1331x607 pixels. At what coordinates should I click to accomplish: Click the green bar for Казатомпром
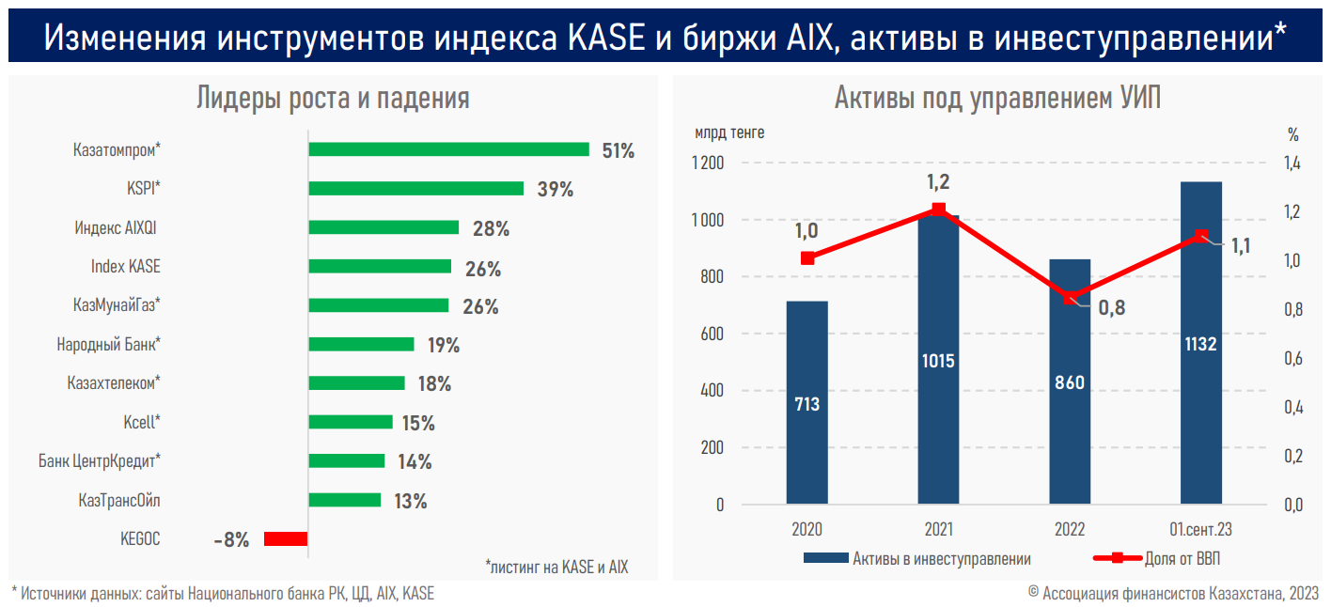tap(448, 149)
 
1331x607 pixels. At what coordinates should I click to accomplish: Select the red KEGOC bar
tap(286, 538)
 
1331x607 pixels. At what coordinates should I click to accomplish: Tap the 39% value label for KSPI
tap(555, 189)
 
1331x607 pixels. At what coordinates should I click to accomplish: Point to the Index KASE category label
tap(125, 266)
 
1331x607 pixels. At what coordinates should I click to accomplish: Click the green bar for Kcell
tap(350, 422)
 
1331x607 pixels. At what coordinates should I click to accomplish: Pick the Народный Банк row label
tap(108, 345)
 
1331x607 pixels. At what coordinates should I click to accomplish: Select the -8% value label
tap(231, 539)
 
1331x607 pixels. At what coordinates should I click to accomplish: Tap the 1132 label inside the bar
tap(1200, 344)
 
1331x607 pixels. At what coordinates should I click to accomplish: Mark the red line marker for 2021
tap(938, 209)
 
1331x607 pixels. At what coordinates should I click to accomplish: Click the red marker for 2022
tap(1070, 298)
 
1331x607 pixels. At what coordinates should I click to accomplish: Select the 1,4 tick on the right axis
tap(1292, 163)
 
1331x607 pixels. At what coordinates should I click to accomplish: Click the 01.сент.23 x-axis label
tap(1200, 529)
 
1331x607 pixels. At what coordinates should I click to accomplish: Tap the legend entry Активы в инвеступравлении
tap(941, 559)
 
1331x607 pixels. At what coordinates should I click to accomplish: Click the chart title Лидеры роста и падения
tap(333, 99)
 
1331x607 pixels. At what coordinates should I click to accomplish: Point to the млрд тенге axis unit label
tap(729, 132)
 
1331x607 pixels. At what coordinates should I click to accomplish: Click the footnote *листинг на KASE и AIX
tap(556, 567)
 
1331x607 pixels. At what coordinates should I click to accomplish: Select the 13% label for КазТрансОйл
tap(411, 501)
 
